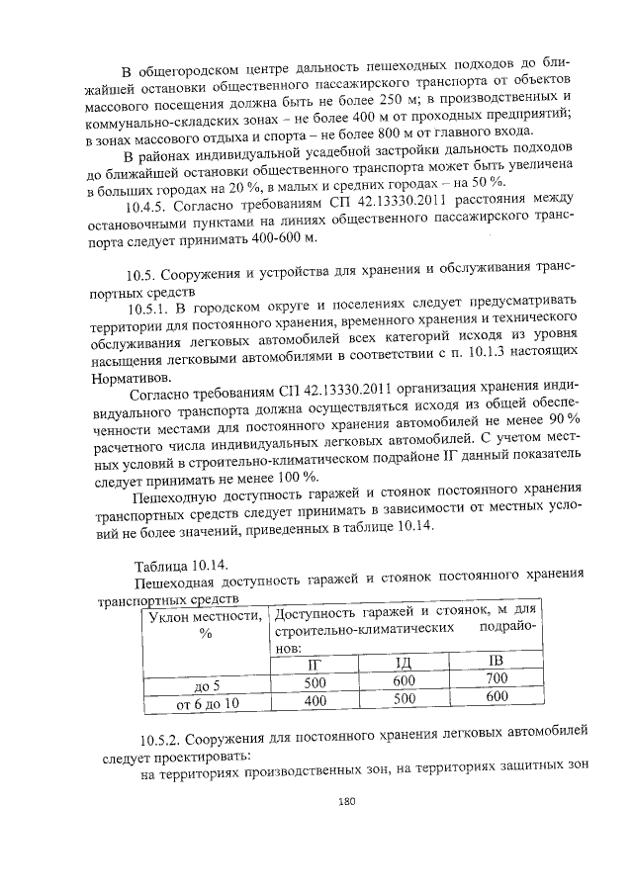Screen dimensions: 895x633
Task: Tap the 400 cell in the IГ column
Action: [316, 699]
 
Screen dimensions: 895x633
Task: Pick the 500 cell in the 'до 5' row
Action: [316, 681]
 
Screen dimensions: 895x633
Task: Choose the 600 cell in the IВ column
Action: [497, 696]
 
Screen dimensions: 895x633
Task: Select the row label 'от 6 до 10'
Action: [207, 703]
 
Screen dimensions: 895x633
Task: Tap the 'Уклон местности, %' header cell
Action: [206, 625]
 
